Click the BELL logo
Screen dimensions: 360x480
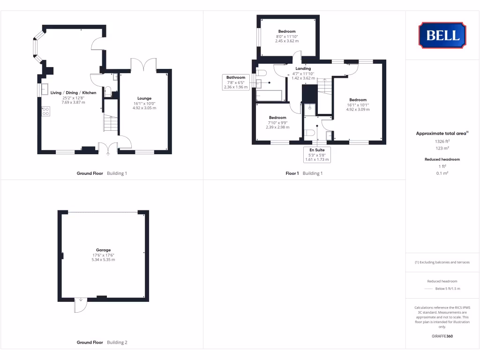point(442,35)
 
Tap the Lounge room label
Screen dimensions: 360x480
point(144,98)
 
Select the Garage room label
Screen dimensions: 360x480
point(103,250)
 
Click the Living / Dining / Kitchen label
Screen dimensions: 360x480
point(74,93)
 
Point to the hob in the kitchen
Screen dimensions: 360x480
point(46,111)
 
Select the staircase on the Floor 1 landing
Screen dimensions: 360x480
point(324,87)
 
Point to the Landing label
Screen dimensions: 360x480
point(303,68)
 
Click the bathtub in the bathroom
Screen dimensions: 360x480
point(270,96)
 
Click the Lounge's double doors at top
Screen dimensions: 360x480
point(143,64)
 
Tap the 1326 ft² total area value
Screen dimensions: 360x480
point(442,141)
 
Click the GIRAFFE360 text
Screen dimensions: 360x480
point(442,336)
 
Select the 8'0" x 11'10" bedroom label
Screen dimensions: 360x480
point(286,31)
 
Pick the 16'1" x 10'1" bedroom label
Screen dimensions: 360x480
point(358,100)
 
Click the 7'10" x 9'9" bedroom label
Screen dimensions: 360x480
point(277,118)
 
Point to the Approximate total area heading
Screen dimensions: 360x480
point(442,134)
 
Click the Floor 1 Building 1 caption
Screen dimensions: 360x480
point(304,173)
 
